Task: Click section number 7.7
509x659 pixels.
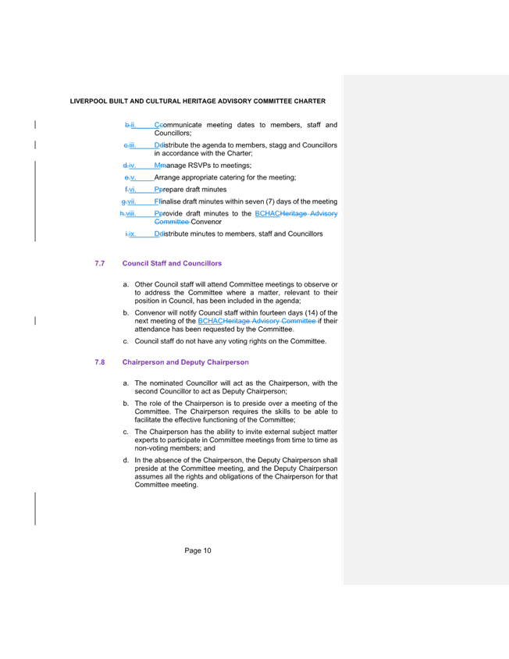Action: coord(99,264)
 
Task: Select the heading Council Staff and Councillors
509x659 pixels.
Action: coord(171,264)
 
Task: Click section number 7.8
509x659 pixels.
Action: coord(99,362)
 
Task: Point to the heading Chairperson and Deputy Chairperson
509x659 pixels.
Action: coord(185,362)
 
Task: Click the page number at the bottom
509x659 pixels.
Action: coord(198,550)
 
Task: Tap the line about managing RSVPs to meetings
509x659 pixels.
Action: coord(203,166)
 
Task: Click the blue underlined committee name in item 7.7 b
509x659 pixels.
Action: coord(257,321)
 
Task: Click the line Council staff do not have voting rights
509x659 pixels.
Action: coord(230,341)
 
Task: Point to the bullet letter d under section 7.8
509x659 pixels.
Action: coord(125,460)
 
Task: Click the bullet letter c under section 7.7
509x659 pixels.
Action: coord(125,341)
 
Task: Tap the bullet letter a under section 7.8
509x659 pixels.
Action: coord(125,383)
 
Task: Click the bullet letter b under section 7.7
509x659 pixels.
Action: coord(125,312)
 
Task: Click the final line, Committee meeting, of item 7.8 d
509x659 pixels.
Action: coord(166,485)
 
